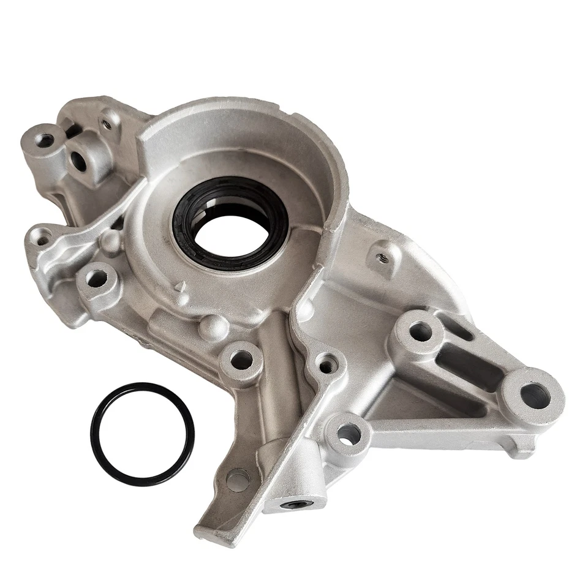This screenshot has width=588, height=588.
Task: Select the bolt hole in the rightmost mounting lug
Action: coord(534,396)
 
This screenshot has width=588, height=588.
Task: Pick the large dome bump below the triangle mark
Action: coord(213,328)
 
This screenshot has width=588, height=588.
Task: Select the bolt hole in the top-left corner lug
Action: coord(45,140)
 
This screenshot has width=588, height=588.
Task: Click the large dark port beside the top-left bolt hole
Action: coord(78,160)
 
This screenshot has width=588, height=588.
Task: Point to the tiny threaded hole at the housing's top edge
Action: coord(107,124)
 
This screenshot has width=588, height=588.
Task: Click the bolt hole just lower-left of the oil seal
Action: coord(96,279)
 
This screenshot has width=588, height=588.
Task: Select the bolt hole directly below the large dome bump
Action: coord(241,360)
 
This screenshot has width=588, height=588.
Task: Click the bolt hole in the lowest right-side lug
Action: coord(349,434)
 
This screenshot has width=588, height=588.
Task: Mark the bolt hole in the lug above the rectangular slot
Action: coord(421,331)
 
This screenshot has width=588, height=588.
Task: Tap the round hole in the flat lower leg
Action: coord(238,480)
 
